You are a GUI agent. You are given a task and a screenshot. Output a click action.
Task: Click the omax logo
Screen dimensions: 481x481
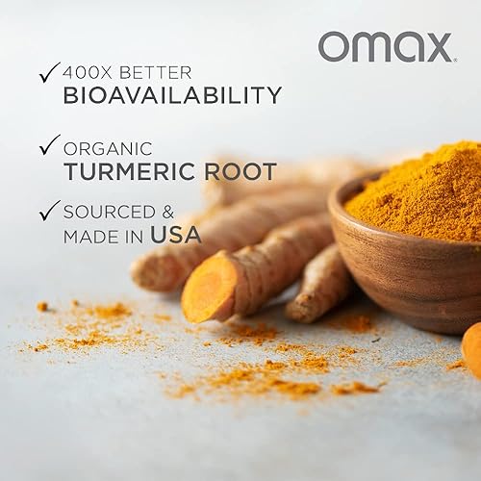[385, 45]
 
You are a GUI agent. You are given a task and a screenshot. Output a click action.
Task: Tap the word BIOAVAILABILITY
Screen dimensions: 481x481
[173, 94]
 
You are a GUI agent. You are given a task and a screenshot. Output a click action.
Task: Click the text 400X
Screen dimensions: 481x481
[88, 71]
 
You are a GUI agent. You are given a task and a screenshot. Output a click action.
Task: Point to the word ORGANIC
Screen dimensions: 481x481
[107, 148]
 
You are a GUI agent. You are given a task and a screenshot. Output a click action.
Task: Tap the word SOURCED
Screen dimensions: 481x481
[112, 210]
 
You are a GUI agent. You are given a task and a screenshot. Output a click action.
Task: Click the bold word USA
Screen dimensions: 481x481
[181, 233]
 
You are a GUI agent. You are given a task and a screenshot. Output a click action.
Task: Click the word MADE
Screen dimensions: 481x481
[90, 234]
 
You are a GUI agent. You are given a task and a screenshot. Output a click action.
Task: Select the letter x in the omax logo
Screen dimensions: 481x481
[432, 46]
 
